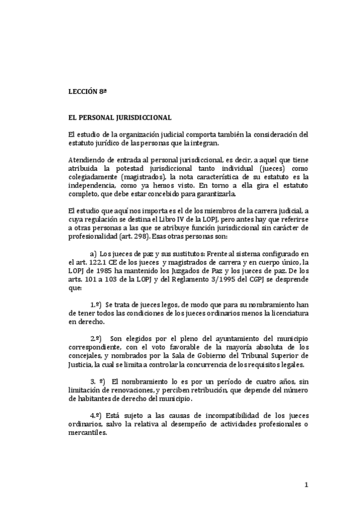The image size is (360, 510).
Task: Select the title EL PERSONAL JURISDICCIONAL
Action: [112, 118]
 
